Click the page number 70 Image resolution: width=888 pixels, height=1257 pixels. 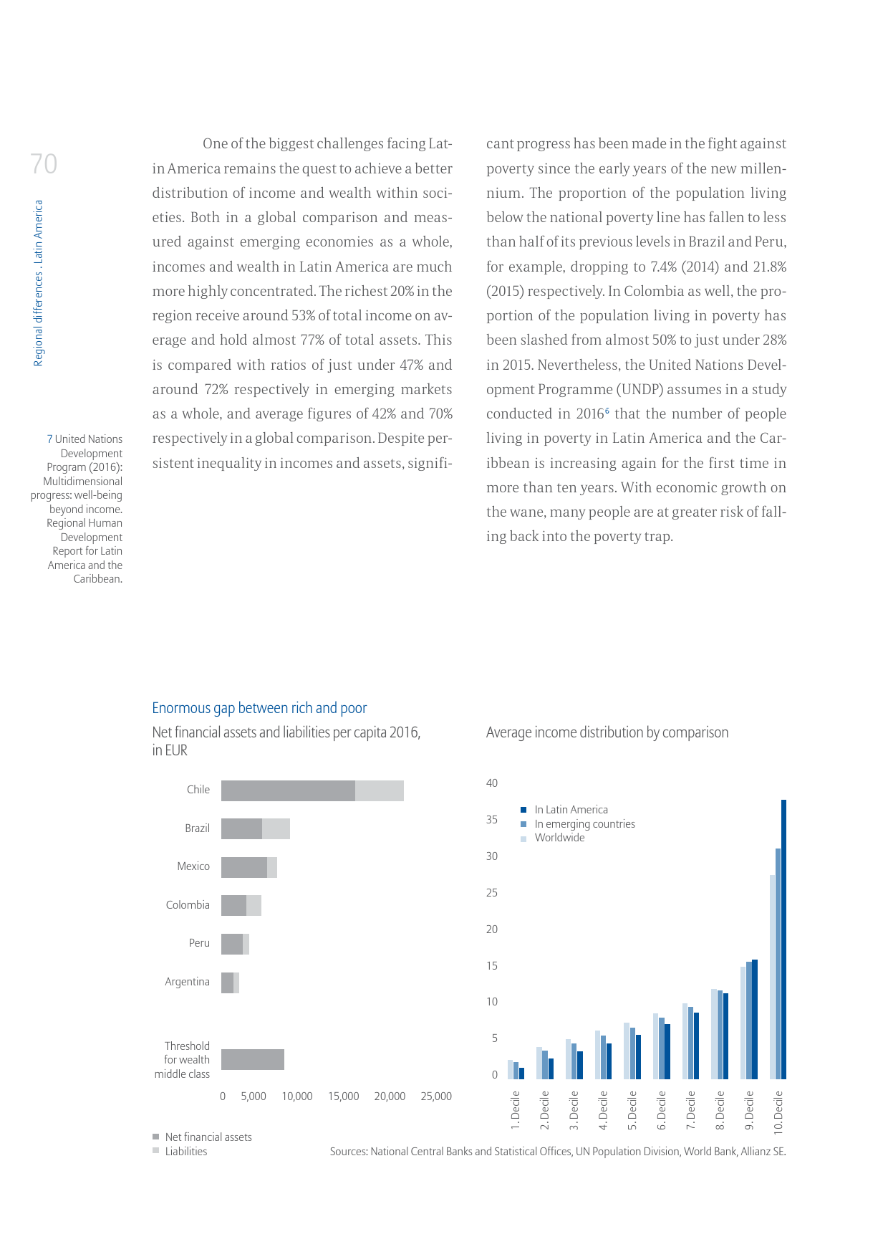44,164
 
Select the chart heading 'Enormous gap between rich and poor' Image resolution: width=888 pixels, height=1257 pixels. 259,708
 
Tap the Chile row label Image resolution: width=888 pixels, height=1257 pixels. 198,790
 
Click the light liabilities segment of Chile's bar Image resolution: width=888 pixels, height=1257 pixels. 380,790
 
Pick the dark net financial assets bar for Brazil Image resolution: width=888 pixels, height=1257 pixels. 241,828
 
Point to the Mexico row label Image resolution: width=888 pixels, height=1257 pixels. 193,866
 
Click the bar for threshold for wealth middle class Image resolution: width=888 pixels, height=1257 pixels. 252,1059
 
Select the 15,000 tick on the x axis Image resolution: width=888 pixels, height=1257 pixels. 344,1096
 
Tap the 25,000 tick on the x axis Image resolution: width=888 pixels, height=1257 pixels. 436,1096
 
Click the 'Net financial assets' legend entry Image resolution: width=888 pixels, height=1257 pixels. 208,1137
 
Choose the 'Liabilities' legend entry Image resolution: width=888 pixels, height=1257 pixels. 185,1152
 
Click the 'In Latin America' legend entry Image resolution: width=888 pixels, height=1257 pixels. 571,810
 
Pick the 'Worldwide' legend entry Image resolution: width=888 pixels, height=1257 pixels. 559,838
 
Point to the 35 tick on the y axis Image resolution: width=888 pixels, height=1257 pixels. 492,820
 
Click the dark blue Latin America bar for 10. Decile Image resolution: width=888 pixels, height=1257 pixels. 783,939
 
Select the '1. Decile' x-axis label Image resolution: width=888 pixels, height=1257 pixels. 516,1111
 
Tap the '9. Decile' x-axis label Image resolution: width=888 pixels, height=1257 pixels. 749,1111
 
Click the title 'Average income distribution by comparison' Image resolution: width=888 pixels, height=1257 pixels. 607,732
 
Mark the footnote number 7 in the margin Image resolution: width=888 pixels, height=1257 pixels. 49,439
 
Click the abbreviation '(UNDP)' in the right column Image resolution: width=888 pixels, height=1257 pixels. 638,390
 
